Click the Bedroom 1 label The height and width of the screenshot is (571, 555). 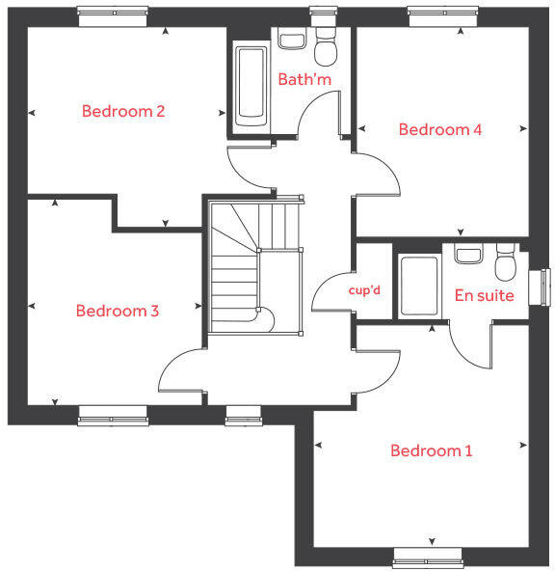tap(431, 450)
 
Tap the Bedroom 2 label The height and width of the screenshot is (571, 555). tap(123, 111)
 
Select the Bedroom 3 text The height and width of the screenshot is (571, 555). tap(118, 311)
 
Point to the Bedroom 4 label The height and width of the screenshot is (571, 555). tap(440, 129)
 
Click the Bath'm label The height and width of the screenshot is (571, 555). tap(304, 79)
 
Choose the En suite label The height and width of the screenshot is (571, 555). tap(484, 295)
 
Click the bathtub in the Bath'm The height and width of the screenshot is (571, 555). tap(251, 85)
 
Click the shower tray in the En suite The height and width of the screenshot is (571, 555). tap(417, 285)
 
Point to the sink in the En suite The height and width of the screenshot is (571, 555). tap(468, 254)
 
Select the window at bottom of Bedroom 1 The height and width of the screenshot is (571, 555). tap(431, 557)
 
